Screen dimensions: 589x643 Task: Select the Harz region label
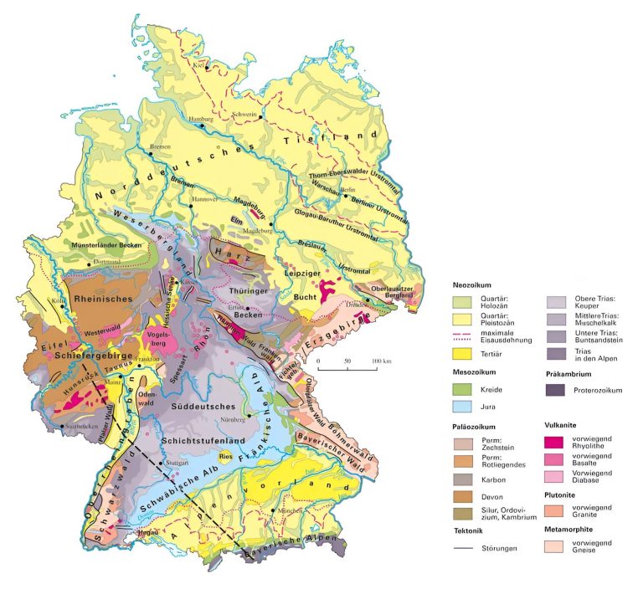click(228, 252)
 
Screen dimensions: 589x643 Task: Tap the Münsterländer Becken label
click(111, 245)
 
